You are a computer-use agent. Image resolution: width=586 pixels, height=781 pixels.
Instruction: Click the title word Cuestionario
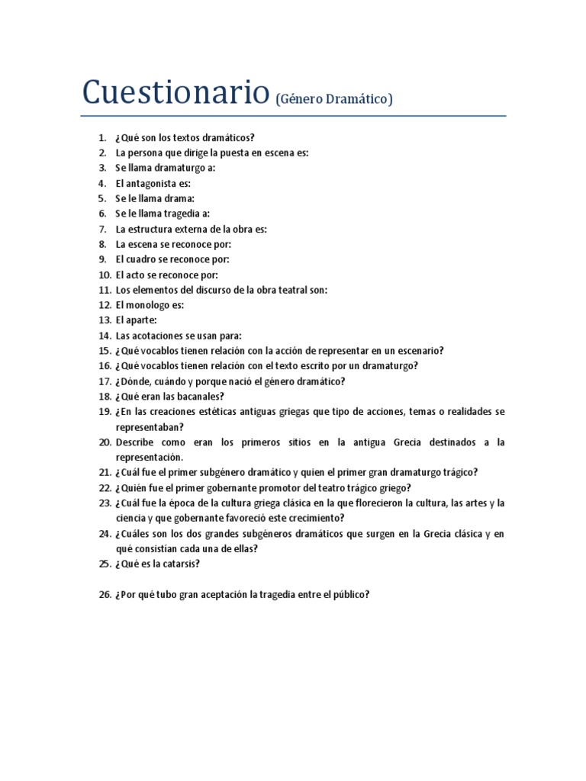click(x=175, y=93)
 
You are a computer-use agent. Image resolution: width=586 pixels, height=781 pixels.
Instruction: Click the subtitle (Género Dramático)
click(x=333, y=98)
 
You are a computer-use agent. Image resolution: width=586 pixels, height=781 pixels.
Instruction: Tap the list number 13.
click(x=105, y=320)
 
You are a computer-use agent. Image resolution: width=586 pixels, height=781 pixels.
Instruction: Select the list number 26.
click(x=105, y=595)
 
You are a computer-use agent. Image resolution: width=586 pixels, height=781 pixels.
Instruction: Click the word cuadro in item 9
click(x=143, y=259)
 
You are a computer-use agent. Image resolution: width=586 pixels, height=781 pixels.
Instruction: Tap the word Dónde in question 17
click(x=132, y=381)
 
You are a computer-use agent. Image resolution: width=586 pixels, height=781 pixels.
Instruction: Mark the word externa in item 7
click(x=195, y=229)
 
